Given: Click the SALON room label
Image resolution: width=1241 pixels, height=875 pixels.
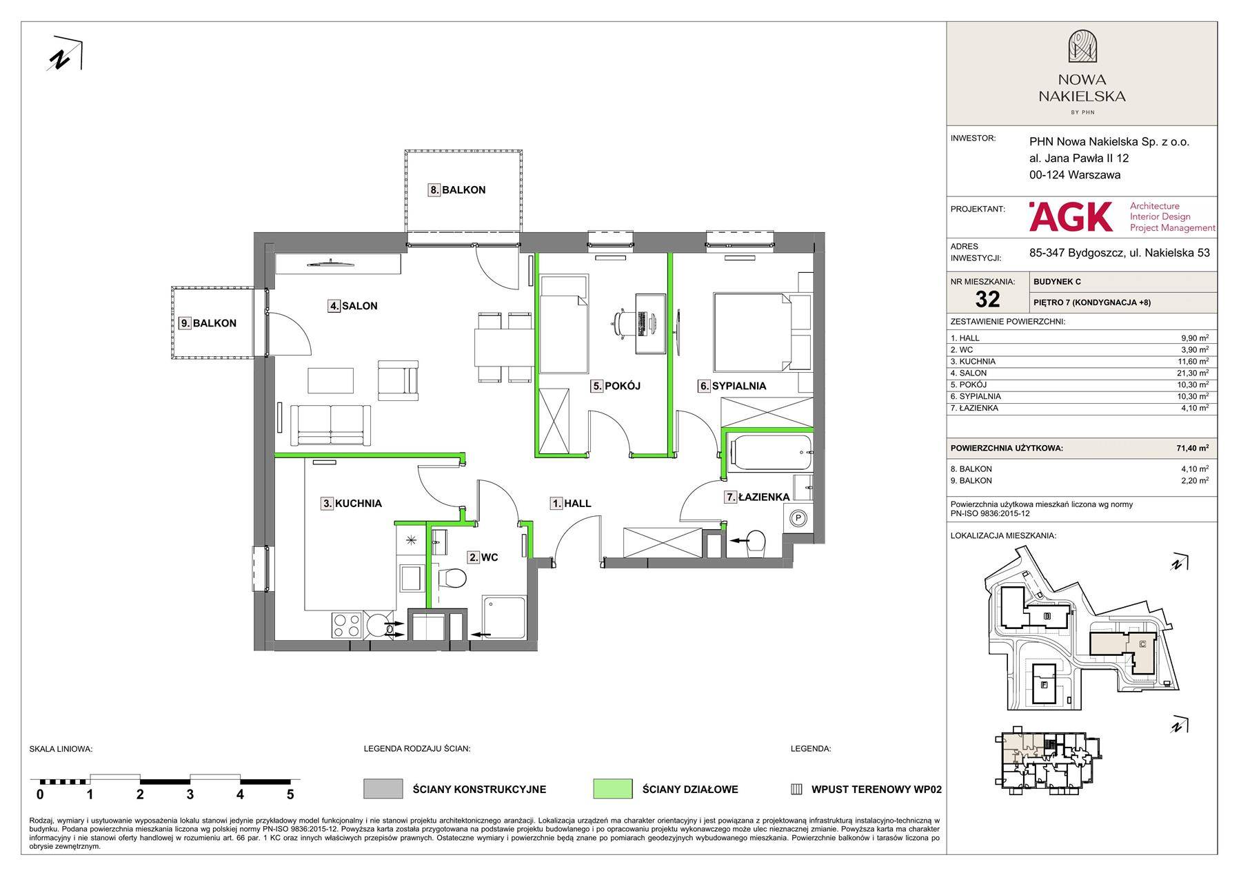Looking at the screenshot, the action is tap(353, 306).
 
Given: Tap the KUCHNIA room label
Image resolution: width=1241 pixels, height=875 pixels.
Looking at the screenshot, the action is tap(352, 504).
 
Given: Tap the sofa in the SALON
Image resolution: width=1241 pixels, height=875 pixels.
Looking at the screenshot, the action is tap(331, 425).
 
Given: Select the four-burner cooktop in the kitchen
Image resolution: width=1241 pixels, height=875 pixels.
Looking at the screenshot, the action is tap(347, 625).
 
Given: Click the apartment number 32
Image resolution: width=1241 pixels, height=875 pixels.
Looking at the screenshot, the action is tap(987, 299).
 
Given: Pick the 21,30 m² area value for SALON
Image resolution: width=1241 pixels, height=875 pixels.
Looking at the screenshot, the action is tap(1192, 373).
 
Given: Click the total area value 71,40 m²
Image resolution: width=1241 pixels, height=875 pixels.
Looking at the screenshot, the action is tap(1192, 448).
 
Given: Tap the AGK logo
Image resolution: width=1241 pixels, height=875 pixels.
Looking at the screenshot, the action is tap(1071, 216).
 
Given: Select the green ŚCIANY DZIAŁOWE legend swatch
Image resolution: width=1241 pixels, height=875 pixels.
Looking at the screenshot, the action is tap(612, 789).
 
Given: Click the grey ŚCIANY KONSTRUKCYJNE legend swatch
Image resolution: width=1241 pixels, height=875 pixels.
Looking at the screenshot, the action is tap(383, 789).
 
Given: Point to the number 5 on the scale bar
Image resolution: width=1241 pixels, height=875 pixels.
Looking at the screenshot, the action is tap(290, 794).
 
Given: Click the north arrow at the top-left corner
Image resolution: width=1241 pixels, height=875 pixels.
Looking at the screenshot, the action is tap(65, 53).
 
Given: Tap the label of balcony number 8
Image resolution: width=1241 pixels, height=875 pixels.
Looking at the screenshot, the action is tap(457, 190).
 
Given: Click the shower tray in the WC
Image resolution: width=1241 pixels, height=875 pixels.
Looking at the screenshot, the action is tap(504, 618).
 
